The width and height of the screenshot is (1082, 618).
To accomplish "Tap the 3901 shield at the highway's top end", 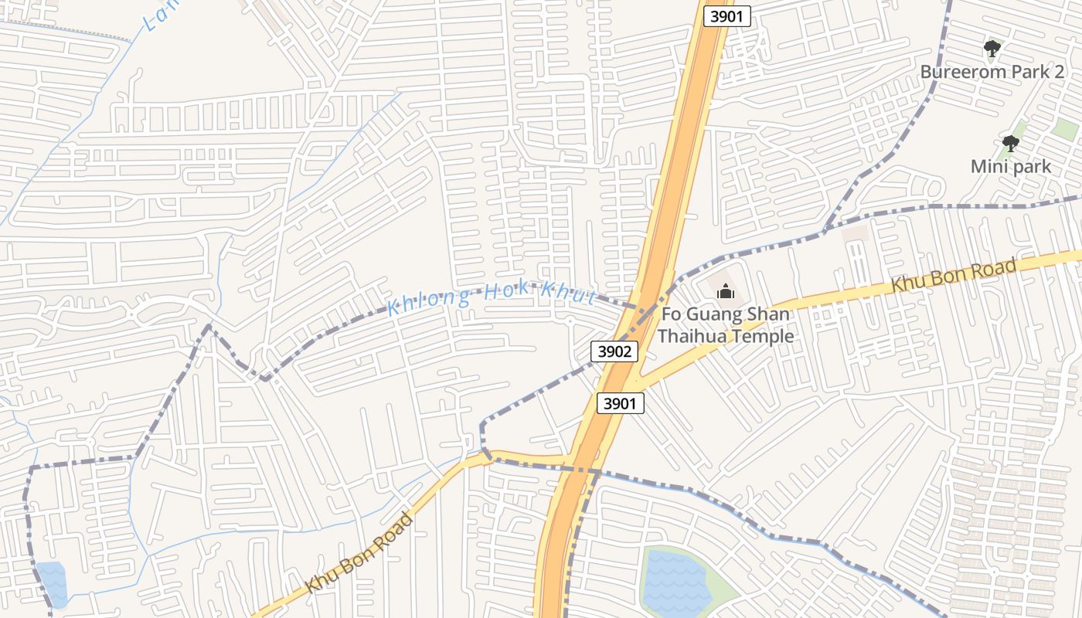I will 727,16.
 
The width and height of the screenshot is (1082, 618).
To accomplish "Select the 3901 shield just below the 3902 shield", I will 621,403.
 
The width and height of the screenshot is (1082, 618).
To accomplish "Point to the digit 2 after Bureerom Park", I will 1059,72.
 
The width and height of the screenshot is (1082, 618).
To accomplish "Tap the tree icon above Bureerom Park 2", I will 992,50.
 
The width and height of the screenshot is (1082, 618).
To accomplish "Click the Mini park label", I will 1011,166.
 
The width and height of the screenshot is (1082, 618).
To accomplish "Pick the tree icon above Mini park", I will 1010,144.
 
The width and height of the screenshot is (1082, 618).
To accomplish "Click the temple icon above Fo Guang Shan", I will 725,292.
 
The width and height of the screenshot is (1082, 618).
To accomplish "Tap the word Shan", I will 770,314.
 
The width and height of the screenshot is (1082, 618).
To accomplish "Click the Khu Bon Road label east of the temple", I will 953,276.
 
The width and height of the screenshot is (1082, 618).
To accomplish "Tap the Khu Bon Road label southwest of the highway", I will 359,554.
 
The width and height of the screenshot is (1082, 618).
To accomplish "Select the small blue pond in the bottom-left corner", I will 51,582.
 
